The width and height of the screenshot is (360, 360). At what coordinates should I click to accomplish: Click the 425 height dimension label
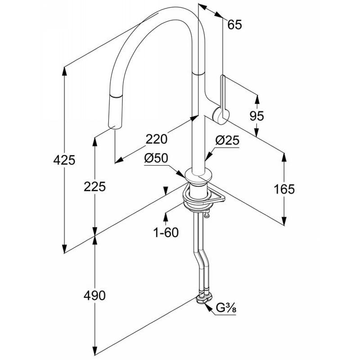(64, 160)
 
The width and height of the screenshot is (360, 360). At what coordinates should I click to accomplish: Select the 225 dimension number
(94, 186)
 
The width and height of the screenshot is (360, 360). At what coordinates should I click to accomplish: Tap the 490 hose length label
(94, 296)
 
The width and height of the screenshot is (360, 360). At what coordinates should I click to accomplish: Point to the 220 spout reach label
(157, 139)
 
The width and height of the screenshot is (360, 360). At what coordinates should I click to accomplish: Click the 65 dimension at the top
(234, 25)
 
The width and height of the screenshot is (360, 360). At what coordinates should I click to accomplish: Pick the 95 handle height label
(256, 116)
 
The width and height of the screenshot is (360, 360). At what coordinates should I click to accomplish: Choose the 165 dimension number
(284, 189)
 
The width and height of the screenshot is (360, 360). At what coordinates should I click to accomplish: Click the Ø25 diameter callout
(227, 140)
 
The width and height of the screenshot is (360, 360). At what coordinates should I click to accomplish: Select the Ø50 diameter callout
(156, 158)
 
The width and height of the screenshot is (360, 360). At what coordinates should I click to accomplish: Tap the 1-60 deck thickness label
(166, 232)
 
